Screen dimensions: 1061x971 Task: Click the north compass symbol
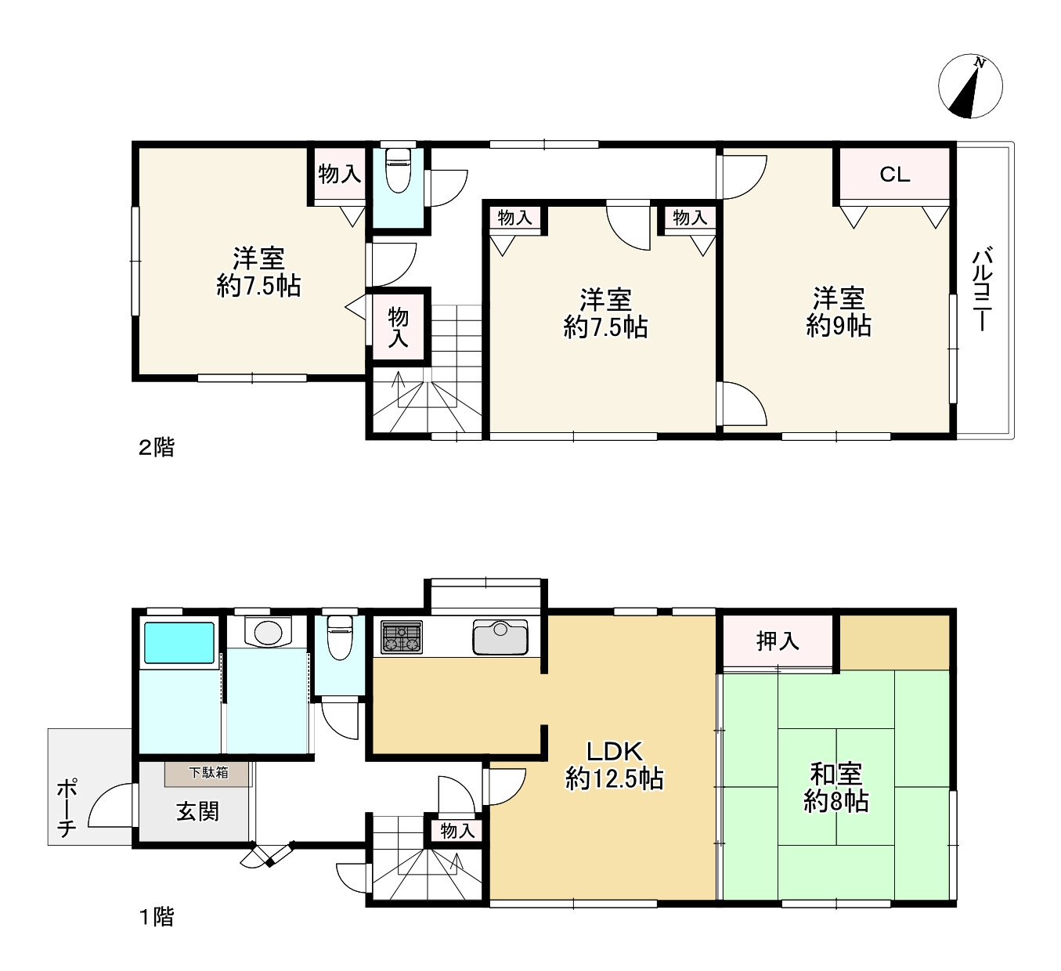970,86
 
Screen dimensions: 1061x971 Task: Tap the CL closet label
894,174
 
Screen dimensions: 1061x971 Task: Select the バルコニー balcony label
982,288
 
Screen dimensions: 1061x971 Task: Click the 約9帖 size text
839,327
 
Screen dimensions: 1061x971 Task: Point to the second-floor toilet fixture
399,169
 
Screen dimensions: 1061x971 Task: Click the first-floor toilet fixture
340,637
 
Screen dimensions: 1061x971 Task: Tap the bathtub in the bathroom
179,642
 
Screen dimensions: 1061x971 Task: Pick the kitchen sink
500,637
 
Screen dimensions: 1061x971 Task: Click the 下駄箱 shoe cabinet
208,773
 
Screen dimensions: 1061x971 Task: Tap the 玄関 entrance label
197,812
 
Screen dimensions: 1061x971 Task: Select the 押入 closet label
778,641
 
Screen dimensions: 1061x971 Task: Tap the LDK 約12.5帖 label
614,764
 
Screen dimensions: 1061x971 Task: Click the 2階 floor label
156,448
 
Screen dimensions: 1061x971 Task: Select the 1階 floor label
157,917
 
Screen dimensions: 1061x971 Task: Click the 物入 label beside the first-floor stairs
457,830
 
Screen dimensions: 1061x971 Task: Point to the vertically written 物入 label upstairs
399,327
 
